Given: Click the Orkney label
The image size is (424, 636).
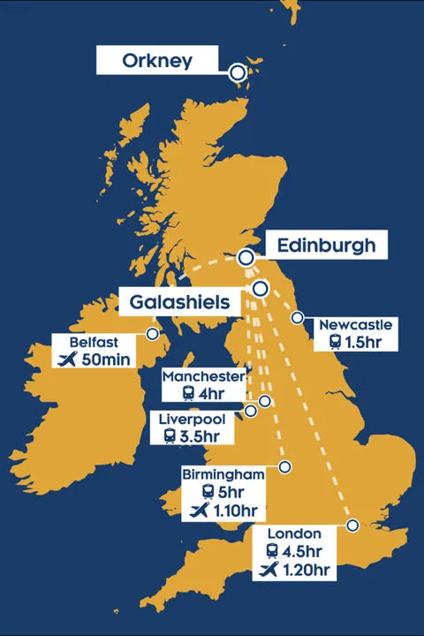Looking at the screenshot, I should point(156,60).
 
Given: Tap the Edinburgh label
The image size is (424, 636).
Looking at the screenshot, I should point(326,245).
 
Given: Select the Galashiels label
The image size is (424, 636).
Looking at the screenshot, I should point(179,301).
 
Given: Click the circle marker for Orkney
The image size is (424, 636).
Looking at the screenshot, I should point(238,72).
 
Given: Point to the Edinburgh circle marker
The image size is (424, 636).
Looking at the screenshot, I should point(246,258).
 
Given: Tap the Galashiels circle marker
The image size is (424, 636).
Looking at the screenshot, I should point(260,288).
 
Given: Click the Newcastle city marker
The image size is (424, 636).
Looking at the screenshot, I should point(298,318).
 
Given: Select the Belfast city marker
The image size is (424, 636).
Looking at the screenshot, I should point(153,334).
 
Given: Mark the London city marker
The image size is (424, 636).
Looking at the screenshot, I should point(352,526).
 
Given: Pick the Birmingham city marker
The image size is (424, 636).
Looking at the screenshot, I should point(284,466).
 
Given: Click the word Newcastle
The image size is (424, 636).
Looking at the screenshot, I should point(355,324).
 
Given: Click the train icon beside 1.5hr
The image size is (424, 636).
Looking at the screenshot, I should point(335,342).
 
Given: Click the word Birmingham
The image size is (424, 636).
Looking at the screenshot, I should point(223,474).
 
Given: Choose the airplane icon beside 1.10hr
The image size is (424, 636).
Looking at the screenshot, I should point(201,510).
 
